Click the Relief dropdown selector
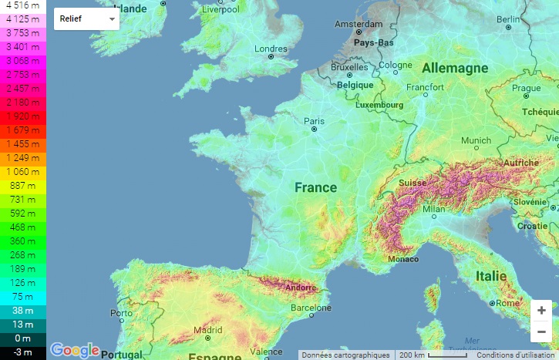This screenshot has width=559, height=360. pos(86,18)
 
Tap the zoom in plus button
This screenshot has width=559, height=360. pos(542,310)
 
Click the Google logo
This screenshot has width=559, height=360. pos(75,350)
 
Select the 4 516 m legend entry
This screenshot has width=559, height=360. pos(22,5)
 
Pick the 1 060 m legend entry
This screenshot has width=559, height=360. pos(22,171)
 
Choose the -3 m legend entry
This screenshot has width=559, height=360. pos(22,352)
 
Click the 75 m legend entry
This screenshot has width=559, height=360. pos(22,296)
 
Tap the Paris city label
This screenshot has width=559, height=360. pos(314,121)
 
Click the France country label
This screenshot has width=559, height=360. pos(315,187)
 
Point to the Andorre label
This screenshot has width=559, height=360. pos(300,288)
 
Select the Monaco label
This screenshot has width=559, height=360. pos(403,259)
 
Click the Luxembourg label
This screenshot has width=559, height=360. pos(379,104)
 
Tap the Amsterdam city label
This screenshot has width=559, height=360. pos(359,25)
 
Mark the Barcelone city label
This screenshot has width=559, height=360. pos(311,308)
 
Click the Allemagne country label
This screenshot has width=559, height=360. pos(454,68)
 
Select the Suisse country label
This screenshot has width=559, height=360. pos(413,183)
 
